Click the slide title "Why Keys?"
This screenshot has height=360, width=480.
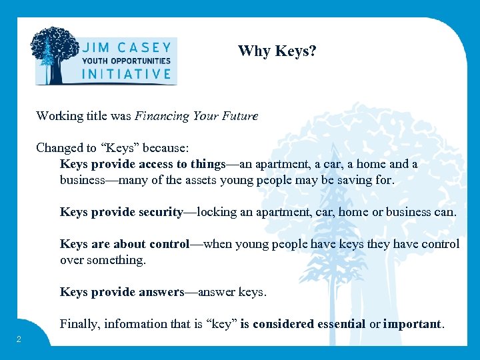pyautogui.click(x=277, y=51)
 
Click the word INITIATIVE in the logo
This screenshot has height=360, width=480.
pyautogui.click(x=126, y=73)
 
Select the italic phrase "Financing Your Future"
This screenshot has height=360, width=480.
pyautogui.click(x=196, y=116)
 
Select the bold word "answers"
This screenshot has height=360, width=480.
pyautogui.click(x=160, y=292)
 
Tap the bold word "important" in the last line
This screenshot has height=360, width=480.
pyautogui.click(x=412, y=324)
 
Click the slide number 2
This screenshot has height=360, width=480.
pyautogui.click(x=19, y=340)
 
